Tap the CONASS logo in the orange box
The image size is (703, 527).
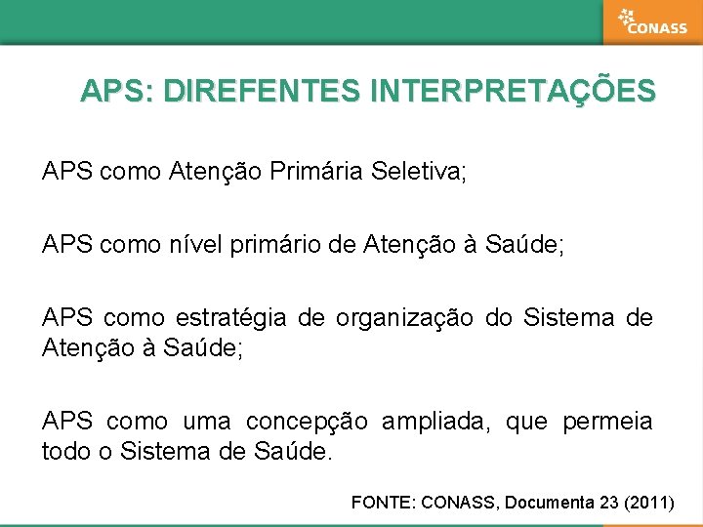click(x=652, y=22)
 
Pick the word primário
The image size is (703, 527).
click(x=277, y=245)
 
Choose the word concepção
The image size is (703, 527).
click(x=307, y=422)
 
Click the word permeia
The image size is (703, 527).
click(x=607, y=422)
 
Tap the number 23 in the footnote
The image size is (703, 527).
click(x=609, y=503)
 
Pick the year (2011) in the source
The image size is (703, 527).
click(x=650, y=503)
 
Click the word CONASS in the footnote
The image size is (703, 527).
click(x=459, y=503)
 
